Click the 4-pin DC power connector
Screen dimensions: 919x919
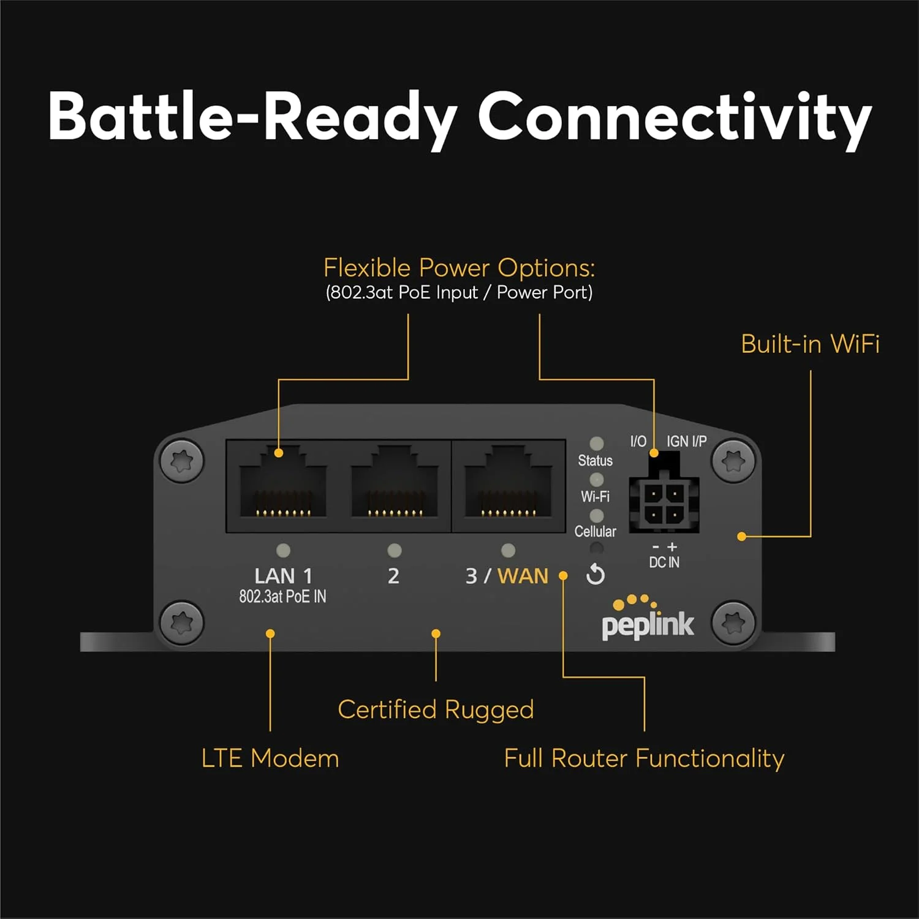tap(664, 502)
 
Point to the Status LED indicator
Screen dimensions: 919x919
tap(596, 444)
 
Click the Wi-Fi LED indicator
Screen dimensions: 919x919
tap(596, 480)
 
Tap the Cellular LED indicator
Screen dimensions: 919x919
tap(596, 516)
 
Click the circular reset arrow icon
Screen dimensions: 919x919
tap(596, 575)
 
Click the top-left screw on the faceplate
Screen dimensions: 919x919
tap(182, 460)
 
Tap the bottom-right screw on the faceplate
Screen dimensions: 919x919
tap(733, 623)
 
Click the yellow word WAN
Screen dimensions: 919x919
tap(523, 576)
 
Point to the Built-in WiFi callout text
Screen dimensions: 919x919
tap(810, 344)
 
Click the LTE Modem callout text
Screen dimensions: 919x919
tap(270, 758)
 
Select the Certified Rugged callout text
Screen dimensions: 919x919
tap(436, 709)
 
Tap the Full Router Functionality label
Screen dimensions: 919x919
tap(644, 758)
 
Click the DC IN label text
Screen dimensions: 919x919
tap(664, 562)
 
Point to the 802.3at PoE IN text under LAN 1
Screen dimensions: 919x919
tap(282, 597)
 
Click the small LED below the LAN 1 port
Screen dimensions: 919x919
tap(283, 551)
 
